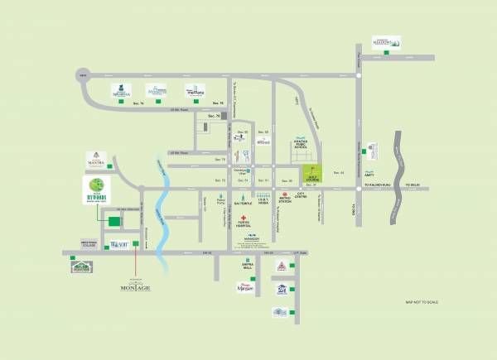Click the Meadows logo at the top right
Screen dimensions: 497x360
[x=386, y=42]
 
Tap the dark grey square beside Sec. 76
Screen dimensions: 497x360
[x=224, y=117]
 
